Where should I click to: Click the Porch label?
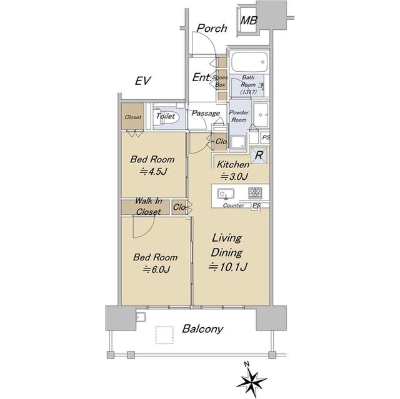pyautogui.click(x=212, y=28)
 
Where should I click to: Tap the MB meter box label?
pyautogui.click(x=249, y=21)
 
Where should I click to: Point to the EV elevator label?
pyautogui.click(x=143, y=81)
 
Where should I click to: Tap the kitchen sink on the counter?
pyautogui.click(x=226, y=194)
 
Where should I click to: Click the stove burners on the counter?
pyautogui.click(x=255, y=193)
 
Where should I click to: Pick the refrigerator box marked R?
pyautogui.click(x=259, y=155)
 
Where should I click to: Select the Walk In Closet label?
pyautogui.click(x=148, y=206)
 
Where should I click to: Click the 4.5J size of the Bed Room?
pyautogui.click(x=153, y=172)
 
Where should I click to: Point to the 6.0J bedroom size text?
pyautogui.click(x=156, y=269)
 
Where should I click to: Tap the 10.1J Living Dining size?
pyautogui.click(x=227, y=267)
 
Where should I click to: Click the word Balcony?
pyautogui.click(x=202, y=329)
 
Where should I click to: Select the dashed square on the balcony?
pyautogui.click(x=164, y=335)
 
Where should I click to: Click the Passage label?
pyautogui.click(x=206, y=113)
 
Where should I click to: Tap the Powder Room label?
pyautogui.click(x=239, y=116)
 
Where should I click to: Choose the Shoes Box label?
pyautogui.click(x=220, y=81)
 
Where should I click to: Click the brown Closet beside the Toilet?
pyautogui.click(x=132, y=116)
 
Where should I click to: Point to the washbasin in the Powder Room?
pyautogui.click(x=261, y=115)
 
